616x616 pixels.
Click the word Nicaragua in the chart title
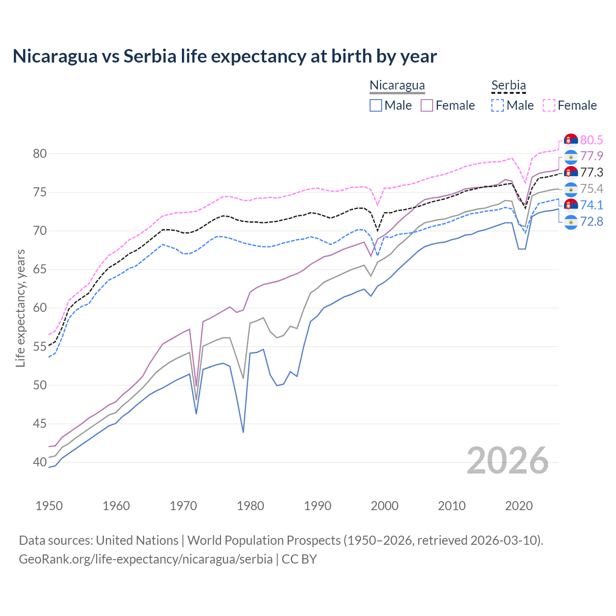pos(54,56)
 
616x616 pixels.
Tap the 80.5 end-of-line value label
pos(591,140)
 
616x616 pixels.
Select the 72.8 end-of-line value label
pos(591,222)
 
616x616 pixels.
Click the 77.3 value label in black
pos(591,172)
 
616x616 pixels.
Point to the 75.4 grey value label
pos(591,189)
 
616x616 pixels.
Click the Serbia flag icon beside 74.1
pos(571,205)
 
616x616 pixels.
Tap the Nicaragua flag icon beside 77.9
pos(571,156)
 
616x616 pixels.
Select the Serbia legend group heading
pos(508,85)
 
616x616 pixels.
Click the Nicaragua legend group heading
pos(397,85)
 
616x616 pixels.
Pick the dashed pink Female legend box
pos(549,105)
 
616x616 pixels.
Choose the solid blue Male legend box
pos(376,105)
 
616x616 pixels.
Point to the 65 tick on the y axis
pos(40,269)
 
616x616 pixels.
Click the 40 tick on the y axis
pos(40,462)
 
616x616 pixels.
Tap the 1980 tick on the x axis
pos(250,506)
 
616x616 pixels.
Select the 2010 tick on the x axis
pos(451,506)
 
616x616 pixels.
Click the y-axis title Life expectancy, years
pos(20,308)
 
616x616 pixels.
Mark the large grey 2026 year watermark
pos(508,461)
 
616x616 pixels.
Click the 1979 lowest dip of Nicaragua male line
pos(243,432)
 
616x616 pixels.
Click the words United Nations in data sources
pos(137,540)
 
